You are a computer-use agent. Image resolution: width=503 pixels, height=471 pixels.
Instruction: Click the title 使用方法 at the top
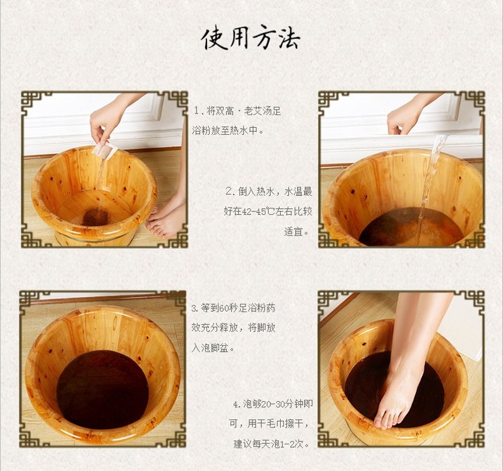pyautogui.click(x=251, y=39)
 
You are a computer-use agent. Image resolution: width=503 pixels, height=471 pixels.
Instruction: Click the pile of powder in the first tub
pyautogui.click(x=96, y=217)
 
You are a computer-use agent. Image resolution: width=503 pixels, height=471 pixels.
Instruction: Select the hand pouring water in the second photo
pyautogui.click(x=404, y=117)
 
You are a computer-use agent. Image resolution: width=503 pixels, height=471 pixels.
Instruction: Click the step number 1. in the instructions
pyautogui.click(x=200, y=111)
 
